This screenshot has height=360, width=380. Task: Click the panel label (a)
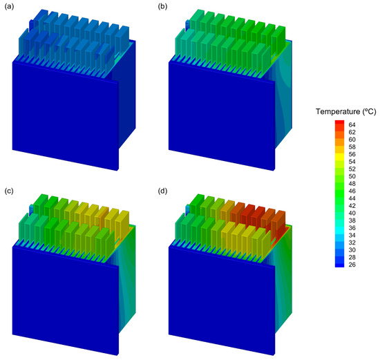[9, 7]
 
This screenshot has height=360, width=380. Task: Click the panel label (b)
[162, 7]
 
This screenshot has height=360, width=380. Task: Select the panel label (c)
[9, 191]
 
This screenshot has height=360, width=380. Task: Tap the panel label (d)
[162, 191]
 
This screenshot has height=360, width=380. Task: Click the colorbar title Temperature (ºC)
[346, 112]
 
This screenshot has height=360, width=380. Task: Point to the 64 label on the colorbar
[352, 125]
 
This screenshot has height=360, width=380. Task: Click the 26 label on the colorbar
[352, 265]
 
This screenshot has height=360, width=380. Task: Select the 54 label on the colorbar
[352, 162]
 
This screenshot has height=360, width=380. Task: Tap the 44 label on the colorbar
[352, 198]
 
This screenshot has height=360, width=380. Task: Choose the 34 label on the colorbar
[352, 235]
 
